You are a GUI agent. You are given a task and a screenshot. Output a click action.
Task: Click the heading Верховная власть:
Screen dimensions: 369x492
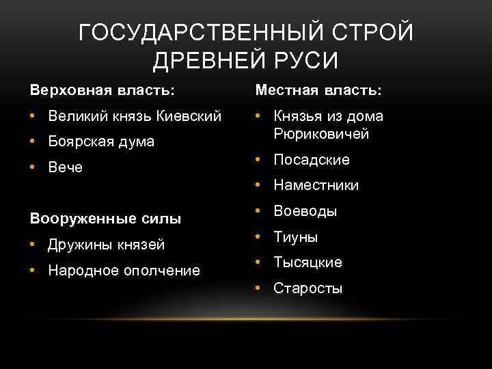[101, 90]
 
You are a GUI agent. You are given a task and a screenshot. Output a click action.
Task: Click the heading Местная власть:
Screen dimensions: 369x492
[318, 90]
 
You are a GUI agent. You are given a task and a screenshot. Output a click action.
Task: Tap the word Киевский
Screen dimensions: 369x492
[191, 116]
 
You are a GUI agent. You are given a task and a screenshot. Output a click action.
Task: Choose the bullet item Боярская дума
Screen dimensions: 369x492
[101, 142]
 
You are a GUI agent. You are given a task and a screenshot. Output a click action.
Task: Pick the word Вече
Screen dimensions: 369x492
[66, 168]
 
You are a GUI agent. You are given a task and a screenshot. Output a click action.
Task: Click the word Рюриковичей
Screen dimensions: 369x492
[321, 134]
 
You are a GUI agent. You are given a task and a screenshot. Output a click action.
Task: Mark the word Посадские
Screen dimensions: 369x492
[311, 160]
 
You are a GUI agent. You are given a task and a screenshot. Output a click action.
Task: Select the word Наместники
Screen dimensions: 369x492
[316, 186]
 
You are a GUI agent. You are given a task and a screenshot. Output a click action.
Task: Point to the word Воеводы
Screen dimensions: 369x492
[305, 211]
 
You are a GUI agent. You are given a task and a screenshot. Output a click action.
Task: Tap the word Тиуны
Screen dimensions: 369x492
[295, 237]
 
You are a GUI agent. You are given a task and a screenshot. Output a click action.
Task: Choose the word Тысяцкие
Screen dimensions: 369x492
[307, 262]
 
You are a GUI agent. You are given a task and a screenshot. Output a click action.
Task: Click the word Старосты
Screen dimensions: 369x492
[307, 288]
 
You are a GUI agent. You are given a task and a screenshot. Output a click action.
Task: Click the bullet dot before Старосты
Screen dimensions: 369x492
[258, 288]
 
